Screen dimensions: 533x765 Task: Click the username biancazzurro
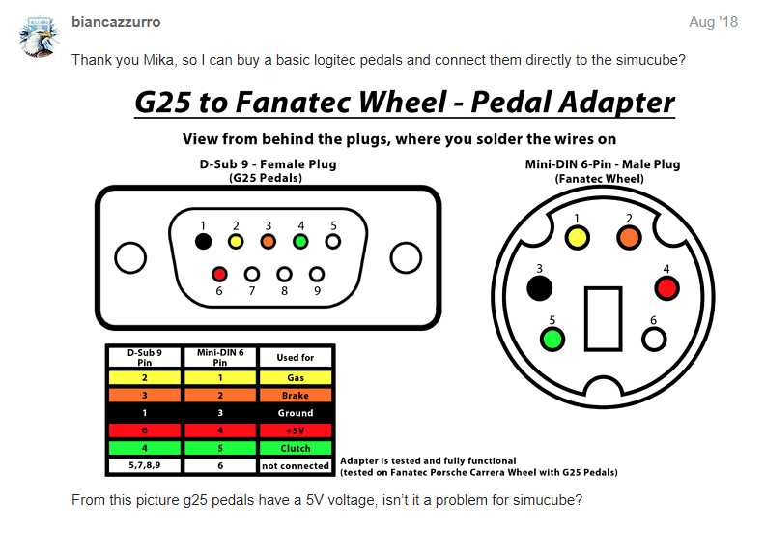point(117,21)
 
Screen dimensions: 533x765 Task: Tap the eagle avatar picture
point(40,36)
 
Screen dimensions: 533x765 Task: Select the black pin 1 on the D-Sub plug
point(203,241)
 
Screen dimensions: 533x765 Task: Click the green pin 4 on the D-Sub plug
point(300,241)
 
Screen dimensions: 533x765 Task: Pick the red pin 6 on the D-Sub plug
point(219,275)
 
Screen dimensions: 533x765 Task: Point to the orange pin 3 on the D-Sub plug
point(268,241)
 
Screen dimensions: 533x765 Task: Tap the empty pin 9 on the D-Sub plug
point(317,275)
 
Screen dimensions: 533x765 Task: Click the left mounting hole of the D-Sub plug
point(129,257)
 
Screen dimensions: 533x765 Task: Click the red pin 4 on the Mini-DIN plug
point(666,287)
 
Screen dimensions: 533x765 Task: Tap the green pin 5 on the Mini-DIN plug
point(552,339)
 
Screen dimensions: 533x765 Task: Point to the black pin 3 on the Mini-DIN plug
point(539,287)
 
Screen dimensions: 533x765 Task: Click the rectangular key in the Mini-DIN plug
point(602,317)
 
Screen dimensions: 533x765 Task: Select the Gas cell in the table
point(296,378)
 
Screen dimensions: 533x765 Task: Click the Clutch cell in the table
point(296,448)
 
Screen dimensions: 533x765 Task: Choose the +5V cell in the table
point(296,430)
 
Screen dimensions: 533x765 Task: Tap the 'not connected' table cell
point(296,466)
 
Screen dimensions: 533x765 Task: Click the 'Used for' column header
point(296,357)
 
